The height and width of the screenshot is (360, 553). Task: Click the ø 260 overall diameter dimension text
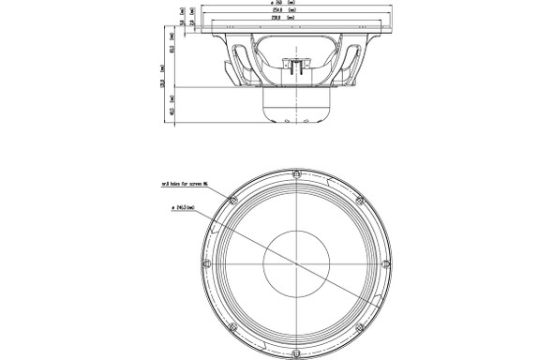[295, 5]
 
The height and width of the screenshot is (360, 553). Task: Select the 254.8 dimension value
[295, 13]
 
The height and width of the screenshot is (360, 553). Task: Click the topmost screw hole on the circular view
[295, 174]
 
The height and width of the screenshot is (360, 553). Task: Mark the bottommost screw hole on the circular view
[295, 356]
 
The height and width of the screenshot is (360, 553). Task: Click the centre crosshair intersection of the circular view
[295, 265]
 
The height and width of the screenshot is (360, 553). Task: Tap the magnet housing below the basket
[295, 108]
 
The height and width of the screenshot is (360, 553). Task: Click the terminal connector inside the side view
[295, 67]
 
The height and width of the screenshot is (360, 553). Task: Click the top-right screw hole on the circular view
[359, 200]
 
